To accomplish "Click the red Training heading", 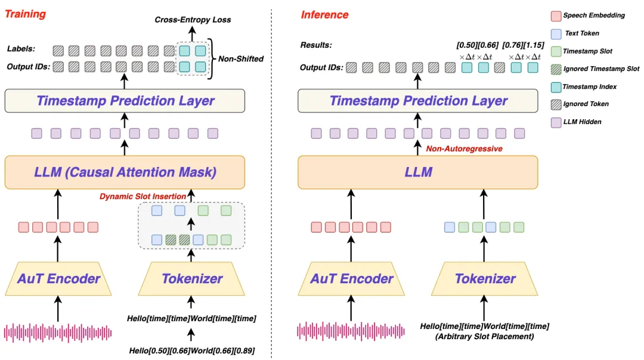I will point(25,14).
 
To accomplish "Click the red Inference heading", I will point(324,15).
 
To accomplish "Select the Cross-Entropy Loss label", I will point(193,20).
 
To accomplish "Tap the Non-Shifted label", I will point(240,59).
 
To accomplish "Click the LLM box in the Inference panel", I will point(417,172).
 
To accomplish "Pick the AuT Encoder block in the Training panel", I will point(58,278).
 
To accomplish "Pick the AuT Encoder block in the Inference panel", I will point(351,278).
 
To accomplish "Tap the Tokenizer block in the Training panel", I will point(191,278).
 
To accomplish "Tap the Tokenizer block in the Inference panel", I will point(485,278).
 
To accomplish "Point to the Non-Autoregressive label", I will point(464,148).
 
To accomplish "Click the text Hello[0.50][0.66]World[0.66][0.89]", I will point(191,351).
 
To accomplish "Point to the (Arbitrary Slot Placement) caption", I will point(485,336).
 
